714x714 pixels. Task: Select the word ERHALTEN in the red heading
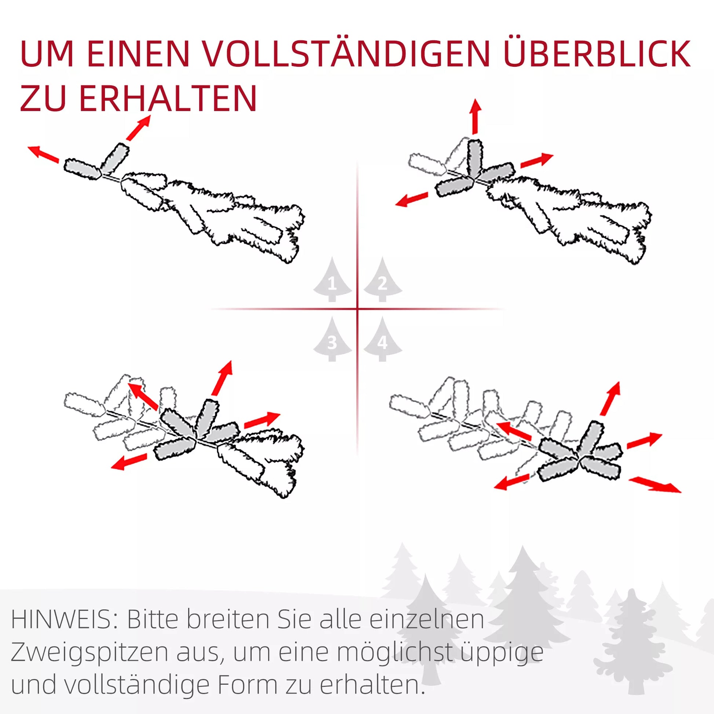168,98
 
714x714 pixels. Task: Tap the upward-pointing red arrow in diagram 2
476,116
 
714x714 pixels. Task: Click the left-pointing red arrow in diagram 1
44,154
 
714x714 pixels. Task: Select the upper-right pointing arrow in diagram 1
139,128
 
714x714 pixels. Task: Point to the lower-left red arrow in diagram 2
412,199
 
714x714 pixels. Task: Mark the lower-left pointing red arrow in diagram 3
129,462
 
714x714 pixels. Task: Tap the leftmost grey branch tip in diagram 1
82,170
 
